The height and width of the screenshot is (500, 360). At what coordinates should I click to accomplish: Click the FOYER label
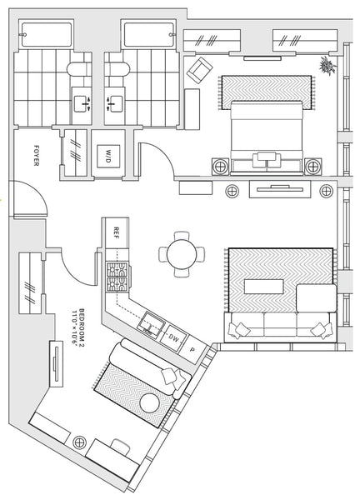[37, 155]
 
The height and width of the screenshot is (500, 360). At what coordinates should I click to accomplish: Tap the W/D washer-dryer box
[108, 157]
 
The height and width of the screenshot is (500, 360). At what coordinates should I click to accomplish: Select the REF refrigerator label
[116, 233]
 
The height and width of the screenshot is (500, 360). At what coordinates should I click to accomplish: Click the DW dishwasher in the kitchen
[173, 338]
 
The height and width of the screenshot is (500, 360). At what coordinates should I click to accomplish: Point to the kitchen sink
[152, 325]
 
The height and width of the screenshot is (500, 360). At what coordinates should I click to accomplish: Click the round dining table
[182, 254]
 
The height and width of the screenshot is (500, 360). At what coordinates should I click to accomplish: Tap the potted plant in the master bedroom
[327, 66]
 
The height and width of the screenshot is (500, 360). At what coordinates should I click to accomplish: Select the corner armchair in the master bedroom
[200, 70]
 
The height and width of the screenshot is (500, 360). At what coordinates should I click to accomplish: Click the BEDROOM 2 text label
[78, 326]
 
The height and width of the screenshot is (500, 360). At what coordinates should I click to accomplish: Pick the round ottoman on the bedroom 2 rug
[149, 403]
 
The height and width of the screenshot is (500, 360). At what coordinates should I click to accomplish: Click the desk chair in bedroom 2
[121, 446]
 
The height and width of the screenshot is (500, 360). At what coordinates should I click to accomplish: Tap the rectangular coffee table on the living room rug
[263, 287]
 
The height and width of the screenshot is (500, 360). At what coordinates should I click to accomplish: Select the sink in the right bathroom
[115, 104]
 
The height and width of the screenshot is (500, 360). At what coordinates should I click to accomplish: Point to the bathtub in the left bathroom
[47, 34]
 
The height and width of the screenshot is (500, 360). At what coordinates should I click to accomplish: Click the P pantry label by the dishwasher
[192, 350]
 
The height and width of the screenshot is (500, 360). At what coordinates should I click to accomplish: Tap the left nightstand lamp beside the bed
[220, 167]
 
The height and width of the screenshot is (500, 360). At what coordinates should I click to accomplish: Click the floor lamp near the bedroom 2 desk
[79, 442]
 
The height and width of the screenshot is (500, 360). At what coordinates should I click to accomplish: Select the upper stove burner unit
[117, 269]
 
